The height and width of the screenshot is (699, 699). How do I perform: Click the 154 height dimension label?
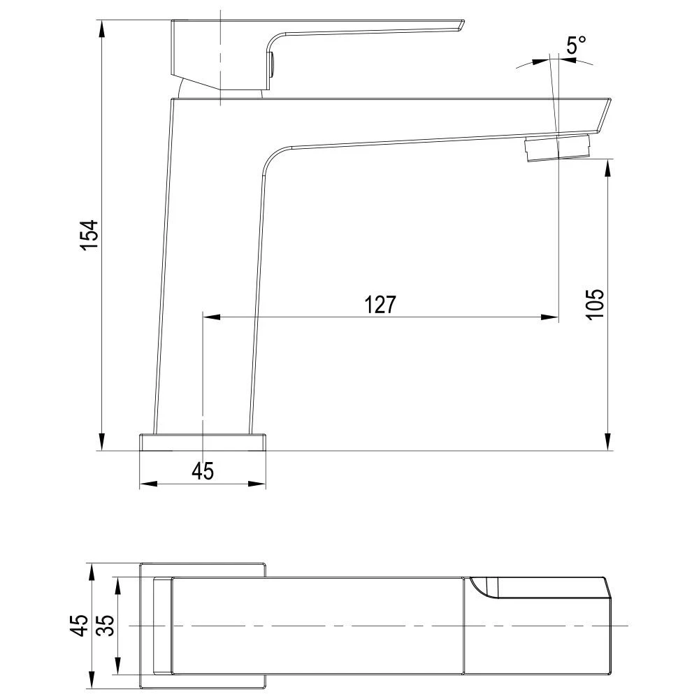(x=89, y=234)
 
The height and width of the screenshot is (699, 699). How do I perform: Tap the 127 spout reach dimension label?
(x=380, y=305)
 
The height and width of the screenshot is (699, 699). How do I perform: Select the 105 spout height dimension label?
(x=595, y=304)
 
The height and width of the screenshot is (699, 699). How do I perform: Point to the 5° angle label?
(x=576, y=45)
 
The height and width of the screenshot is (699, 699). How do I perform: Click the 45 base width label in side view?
(x=203, y=470)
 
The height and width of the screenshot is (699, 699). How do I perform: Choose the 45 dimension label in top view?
(x=80, y=625)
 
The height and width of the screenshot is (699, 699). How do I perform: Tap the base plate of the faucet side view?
(x=203, y=442)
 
